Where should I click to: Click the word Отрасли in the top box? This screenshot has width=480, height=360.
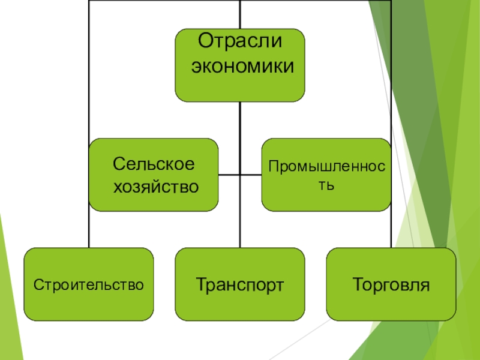click(x=239, y=43)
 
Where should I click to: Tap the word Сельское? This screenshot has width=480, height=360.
click(x=154, y=164)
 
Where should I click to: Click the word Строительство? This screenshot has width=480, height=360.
click(x=88, y=284)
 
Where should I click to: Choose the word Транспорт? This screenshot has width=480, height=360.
click(x=239, y=284)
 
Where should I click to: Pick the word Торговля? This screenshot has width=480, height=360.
click(x=391, y=284)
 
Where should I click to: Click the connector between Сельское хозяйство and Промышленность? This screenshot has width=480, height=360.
click(x=240, y=175)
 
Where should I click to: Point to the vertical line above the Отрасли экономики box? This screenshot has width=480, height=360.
click(x=239, y=14)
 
